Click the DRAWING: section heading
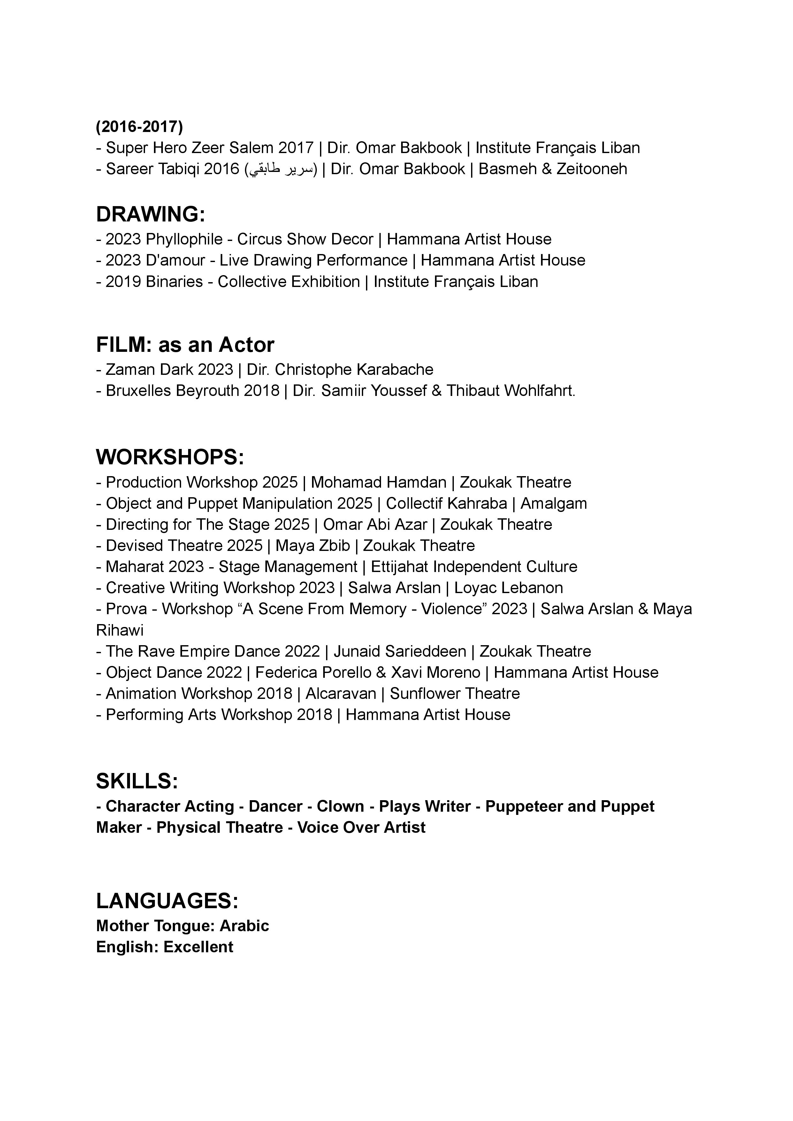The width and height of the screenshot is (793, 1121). point(150,214)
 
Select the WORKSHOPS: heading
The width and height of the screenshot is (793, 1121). point(170,457)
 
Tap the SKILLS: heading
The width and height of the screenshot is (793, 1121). point(137,781)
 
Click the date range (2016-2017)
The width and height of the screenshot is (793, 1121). point(139,127)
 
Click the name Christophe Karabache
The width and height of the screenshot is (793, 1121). point(354,369)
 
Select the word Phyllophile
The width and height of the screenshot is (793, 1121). point(184,239)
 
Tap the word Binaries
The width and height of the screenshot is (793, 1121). point(174,282)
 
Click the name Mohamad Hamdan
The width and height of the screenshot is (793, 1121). point(378,482)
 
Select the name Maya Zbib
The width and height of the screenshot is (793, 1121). point(313,545)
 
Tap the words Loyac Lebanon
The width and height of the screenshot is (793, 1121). point(508,588)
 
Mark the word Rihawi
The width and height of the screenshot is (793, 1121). point(120,630)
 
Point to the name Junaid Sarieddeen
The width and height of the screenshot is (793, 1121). point(400,651)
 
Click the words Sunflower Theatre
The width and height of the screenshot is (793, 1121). point(454,694)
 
